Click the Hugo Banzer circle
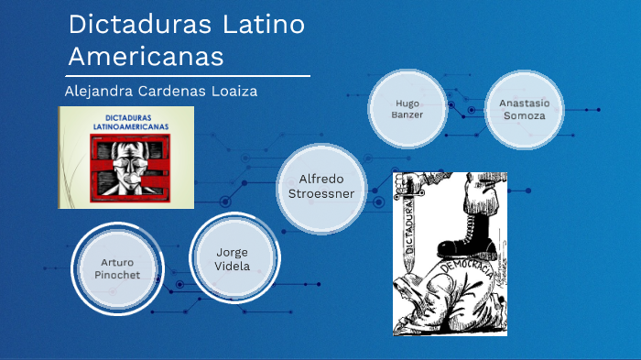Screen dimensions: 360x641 point(408,109)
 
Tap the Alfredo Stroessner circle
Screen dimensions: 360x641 point(320,186)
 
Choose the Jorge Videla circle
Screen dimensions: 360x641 point(232,258)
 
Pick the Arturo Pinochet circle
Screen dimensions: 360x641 point(117,268)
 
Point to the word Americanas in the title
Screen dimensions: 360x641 point(146,56)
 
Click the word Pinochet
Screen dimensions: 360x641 point(117,274)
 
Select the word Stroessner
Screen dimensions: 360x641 point(320,193)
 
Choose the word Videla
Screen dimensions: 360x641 point(232,267)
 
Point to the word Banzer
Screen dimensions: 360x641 point(408,115)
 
